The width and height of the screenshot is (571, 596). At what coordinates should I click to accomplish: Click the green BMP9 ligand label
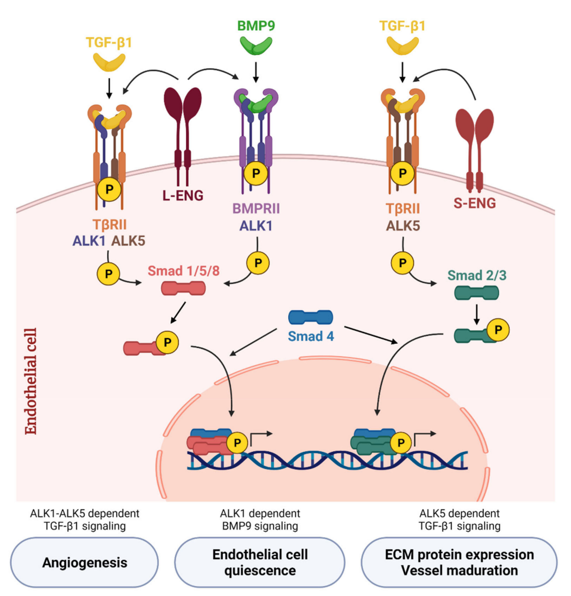pos(256,26)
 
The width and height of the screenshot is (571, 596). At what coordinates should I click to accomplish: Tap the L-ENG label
pos(183,196)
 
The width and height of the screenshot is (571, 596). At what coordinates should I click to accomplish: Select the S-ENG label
pos(474,203)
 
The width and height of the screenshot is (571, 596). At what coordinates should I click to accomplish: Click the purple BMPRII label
pos(256,208)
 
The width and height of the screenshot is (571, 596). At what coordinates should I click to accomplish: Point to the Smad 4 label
pos(311,336)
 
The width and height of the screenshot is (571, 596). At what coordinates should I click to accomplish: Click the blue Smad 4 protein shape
pos(310,317)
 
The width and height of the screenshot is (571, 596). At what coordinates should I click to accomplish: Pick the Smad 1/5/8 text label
pos(183,271)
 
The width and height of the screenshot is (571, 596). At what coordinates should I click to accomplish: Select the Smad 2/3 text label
pos(477,275)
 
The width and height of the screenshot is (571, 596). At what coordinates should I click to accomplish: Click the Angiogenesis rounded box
pos(84,563)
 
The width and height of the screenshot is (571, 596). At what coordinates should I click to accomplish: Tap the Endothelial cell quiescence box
pos(260,563)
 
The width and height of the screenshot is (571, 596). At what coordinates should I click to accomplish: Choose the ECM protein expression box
pos(459,563)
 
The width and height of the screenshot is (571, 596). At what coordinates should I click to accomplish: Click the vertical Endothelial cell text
pos(30,381)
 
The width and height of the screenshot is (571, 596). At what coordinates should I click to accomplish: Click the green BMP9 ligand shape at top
pos(256,45)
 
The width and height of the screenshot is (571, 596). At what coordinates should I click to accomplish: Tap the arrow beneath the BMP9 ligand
pos(256,72)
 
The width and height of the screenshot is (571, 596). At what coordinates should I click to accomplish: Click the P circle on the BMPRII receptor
pos(256,173)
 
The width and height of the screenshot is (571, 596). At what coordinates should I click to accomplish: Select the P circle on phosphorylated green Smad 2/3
pos(498,330)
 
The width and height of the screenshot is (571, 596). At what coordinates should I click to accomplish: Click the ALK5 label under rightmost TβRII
pos(403,226)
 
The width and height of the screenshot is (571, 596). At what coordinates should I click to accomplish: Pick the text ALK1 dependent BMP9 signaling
pos(260,520)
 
